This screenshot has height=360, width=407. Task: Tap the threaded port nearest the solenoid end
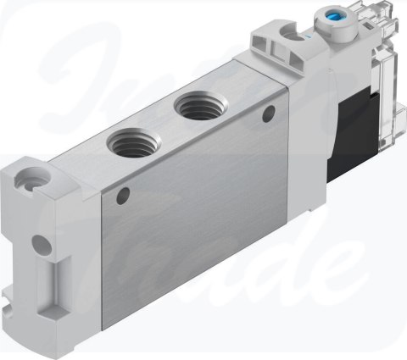point(195,108)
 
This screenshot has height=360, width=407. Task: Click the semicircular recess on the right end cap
point(292,33)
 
